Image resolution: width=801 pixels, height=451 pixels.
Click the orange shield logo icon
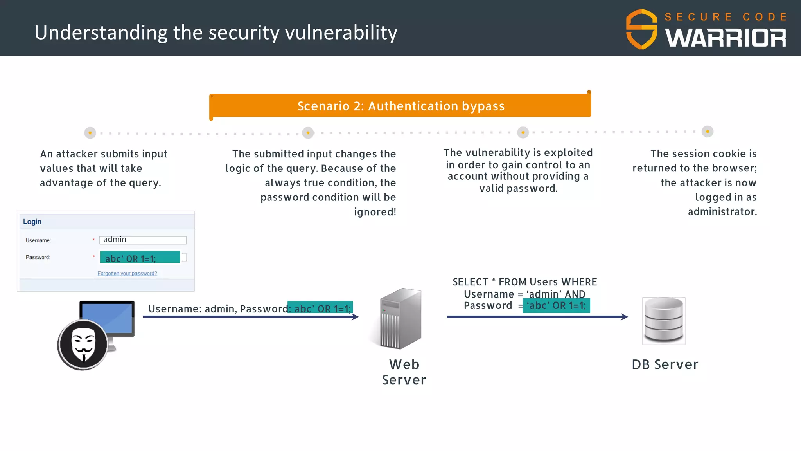[x=642, y=29]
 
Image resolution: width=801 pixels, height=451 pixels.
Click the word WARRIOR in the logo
[x=726, y=38]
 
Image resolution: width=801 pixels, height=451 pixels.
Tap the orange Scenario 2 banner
[x=400, y=106]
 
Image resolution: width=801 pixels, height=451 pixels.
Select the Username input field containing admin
[x=143, y=240]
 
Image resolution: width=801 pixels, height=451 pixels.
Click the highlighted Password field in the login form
[x=140, y=258]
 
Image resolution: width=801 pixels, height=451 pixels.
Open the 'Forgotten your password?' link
[x=127, y=274]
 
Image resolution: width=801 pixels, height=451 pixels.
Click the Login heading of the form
[x=32, y=222]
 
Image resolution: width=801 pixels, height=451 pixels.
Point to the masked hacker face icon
[x=83, y=345]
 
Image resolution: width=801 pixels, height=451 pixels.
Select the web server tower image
[x=401, y=319]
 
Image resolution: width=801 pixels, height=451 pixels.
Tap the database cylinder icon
[x=664, y=321]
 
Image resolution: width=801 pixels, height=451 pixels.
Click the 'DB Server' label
[x=665, y=364]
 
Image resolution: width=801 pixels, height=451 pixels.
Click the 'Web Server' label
[x=404, y=372]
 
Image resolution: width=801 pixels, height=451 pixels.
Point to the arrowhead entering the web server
[x=356, y=317]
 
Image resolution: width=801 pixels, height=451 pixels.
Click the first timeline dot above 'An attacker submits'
[x=90, y=133]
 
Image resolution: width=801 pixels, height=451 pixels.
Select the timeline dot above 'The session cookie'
[x=708, y=132]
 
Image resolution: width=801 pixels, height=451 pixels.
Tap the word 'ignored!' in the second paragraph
[x=375, y=212]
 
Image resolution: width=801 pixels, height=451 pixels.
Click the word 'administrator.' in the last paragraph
[x=722, y=212]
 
